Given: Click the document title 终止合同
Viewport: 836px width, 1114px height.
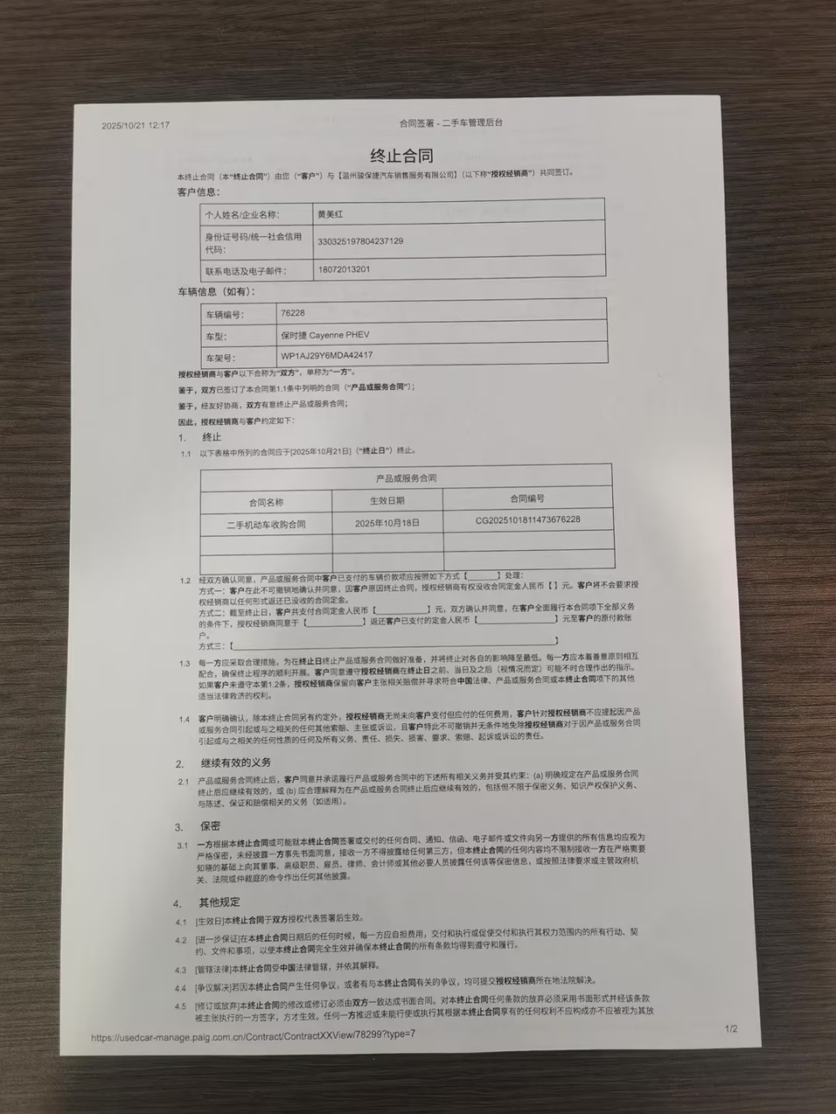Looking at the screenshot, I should [401, 155].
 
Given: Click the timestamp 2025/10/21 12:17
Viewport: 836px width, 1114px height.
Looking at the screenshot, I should [136, 125].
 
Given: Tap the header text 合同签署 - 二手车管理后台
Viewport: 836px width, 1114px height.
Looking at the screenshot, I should [450, 123].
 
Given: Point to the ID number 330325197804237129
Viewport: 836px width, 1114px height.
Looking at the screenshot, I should [361, 241].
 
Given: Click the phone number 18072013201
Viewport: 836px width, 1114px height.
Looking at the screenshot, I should [344, 270].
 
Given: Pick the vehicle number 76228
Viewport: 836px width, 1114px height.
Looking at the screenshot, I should [293, 312].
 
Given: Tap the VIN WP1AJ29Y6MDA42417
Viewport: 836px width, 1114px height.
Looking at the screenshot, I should [327, 355].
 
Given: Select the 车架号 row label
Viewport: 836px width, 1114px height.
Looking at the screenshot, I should [219, 358].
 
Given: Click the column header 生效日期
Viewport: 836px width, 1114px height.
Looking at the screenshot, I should [387, 500].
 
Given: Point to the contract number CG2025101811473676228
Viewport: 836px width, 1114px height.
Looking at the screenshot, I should [528, 520].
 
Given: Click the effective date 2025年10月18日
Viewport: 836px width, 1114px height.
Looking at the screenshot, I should [388, 523].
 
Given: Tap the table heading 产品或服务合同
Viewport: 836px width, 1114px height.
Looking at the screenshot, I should [406, 478].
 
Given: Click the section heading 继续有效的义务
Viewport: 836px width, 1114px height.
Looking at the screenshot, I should [235, 762].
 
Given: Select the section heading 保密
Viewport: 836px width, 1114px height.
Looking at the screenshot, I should [210, 826].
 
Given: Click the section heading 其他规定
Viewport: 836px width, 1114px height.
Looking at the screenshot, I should [219, 902].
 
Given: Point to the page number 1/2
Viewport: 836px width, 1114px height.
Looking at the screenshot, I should [731, 1030].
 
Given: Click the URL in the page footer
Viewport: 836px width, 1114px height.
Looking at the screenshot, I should [253, 1036].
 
